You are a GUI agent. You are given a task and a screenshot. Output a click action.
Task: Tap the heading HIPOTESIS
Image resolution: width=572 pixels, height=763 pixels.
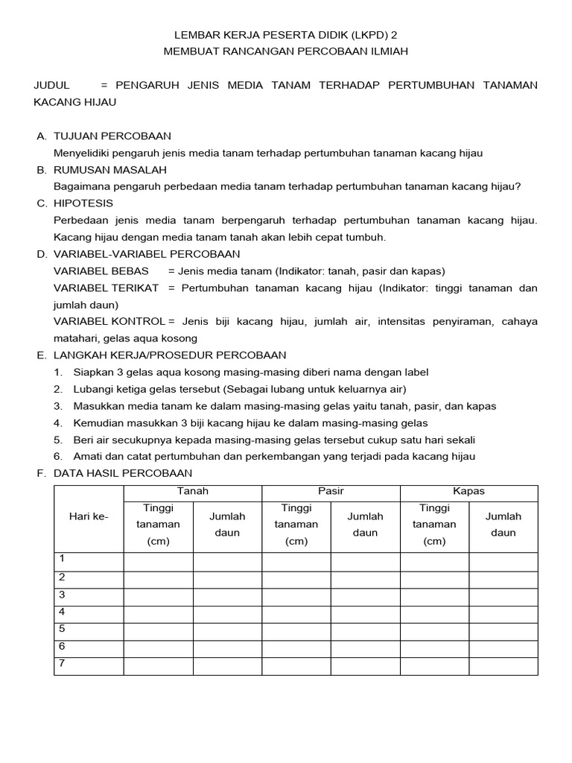[83, 203]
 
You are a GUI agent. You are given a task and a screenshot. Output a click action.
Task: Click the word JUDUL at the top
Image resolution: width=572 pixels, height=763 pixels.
[51, 85]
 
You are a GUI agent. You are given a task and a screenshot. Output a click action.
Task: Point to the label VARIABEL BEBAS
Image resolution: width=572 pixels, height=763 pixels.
[101, 270]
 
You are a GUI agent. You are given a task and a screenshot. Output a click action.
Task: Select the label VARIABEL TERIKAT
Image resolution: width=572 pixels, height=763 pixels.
[106, 288]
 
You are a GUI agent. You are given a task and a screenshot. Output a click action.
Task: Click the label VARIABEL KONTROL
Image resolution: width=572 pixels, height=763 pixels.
[109, 321]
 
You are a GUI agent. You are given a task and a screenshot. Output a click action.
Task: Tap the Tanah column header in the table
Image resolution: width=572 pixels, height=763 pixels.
[192, 491]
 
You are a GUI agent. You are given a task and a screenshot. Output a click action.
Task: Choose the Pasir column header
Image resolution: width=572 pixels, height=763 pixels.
[331, 491]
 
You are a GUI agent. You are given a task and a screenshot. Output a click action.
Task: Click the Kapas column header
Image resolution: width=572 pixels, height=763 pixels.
[468, 491]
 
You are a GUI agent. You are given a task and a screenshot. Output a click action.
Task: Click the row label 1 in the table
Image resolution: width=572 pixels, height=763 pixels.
[63, 559]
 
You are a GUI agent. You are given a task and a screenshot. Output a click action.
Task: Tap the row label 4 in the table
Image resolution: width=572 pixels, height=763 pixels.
[63, 612]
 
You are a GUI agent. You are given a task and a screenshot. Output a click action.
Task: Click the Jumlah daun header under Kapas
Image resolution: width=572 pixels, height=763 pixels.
[503, 525]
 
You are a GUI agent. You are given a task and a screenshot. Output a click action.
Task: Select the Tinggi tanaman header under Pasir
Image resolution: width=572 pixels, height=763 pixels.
[296, 525]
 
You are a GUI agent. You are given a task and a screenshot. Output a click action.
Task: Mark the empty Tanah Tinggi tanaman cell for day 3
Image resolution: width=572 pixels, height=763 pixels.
[158, 596]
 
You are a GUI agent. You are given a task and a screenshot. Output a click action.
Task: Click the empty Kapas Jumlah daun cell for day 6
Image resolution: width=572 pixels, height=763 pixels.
[503, 648]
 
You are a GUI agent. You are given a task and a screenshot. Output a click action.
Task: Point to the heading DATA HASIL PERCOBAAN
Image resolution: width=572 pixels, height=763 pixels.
[123, 473]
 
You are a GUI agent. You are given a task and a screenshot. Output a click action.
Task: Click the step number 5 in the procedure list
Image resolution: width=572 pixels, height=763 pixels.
[58, 440]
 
